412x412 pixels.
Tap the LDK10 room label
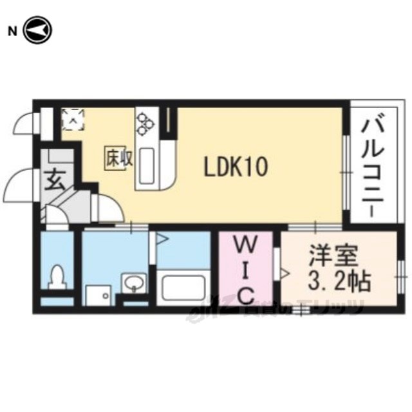pyautogui.click(x=236, y=169)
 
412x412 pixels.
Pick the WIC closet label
pyautogui.click(x=247, y=269)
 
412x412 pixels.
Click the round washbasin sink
pyautogui.click(x=133, y=283)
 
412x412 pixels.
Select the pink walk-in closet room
pyautogui.click(x=247, y=270)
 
